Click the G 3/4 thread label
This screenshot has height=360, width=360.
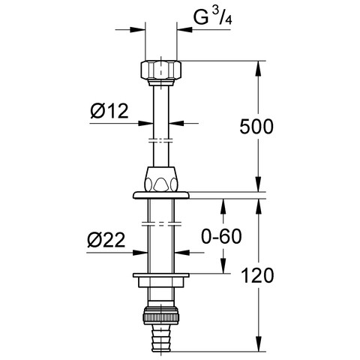click(x=212, y=16)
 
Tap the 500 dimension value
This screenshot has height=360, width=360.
click(x=256, y=126)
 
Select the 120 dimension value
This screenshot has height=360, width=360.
click(x=257, y=275)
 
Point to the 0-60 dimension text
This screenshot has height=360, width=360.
click(x=221, y=236)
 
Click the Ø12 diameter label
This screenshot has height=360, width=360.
click(x=109, y=111)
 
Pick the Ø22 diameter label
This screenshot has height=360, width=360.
click(x=106, y=241)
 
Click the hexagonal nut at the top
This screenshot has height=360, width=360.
click(x=161, y=70)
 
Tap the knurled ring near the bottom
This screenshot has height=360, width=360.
click(x=161, y=316)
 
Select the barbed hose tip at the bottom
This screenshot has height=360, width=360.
click(x=161, y=337)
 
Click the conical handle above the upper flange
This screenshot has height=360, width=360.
click(x=161, y=179)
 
